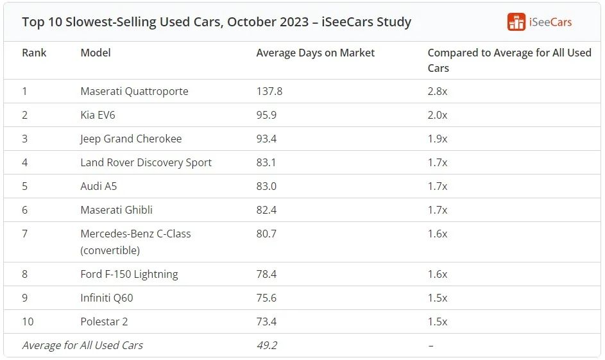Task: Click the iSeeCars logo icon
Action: [x=516, y=22]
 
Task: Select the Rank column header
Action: [x=34, y=53]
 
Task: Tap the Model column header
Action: [x=96, y=53]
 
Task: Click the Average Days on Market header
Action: [x=315, y=53]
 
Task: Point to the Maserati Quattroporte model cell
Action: [x=134, y=91]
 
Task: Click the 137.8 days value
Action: [x=269, y=91]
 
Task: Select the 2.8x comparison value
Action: [x=438, y=91]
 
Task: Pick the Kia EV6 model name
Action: [x=98, y=115]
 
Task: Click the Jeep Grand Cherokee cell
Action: [x=131, y=139]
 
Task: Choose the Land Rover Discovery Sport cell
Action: [x=146, y=162]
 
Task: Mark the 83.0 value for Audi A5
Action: [x=266, y=186]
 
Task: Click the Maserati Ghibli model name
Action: [x=116, y=210]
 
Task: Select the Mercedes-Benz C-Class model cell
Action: [x=135, y=241]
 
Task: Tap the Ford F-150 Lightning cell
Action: [x=129, y=274]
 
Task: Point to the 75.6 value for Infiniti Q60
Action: [x=266, y=298]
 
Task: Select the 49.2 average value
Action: [x=266, y=345]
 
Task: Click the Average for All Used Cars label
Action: [x=82, y=345]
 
